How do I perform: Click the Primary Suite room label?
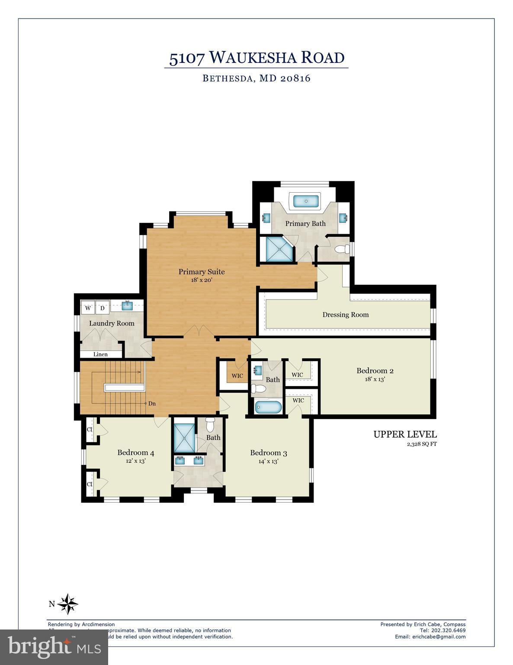tap(202, 272)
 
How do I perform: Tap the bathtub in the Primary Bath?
tap(306, 201)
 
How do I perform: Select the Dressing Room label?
tap(346, 315)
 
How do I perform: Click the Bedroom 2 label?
tap(375, 371)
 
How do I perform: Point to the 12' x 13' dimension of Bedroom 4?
tap(135, 461)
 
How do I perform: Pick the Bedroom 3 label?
tap(268, 453)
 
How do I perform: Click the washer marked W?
tap(88, 308)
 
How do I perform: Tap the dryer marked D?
tap(103, 308)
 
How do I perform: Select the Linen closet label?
tap(100, 354)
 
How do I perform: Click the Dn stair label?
tap(152, 404)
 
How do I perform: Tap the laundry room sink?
tap(127, 306)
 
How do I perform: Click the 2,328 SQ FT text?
tap(420, 444)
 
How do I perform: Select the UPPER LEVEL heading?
tap(405, 434)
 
